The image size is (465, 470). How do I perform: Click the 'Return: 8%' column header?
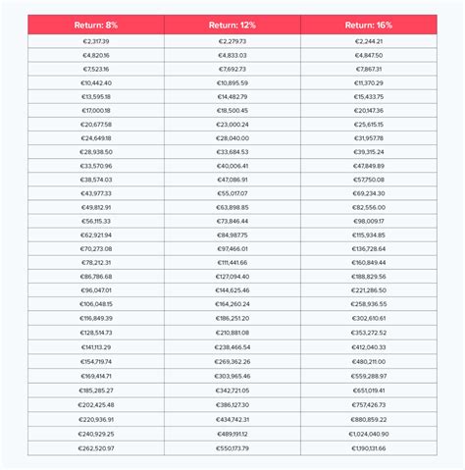pos(96,25)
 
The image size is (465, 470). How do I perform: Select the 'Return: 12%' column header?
pos(232,25)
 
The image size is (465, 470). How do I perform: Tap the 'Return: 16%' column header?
pos(369,25)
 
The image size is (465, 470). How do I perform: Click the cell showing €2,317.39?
pos(96,41)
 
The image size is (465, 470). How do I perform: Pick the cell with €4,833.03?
pos(232,55)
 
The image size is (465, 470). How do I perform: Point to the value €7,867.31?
pos(369,69)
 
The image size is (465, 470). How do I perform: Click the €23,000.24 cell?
pos(232,125)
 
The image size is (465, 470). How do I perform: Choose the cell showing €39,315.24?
pos(369,152)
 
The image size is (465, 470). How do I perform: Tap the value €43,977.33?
pos(96,193)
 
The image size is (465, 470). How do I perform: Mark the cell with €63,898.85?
pos(232,207)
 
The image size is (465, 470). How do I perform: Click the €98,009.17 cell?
pos(369,221)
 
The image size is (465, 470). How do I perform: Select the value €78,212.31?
pos(96,263)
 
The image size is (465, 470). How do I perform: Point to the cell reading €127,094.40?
pos(232,277)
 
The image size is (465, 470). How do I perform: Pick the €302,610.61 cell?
pos(369,318)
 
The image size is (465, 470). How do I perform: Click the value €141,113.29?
pos(96,346)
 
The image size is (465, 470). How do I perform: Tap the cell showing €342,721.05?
pos(232,391)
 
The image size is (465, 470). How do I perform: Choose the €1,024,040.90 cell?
pos(369,433)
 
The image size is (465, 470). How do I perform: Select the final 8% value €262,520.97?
pos(96,447)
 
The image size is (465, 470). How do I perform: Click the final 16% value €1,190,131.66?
pos(369,447)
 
